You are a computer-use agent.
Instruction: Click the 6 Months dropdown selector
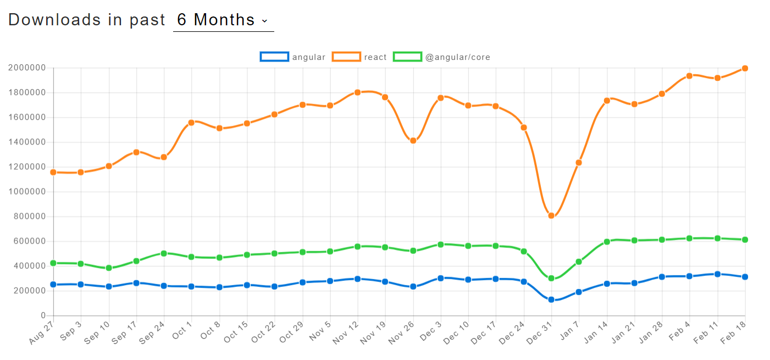(223, 20)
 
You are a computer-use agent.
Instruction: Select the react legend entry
(359, 57)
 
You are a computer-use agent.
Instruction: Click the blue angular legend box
(274, 57)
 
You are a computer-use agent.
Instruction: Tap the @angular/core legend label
(457, 57)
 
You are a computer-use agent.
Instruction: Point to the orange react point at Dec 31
(551, 215)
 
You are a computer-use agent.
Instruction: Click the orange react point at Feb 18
(745, 68)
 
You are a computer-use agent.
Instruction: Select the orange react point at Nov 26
(413, 141)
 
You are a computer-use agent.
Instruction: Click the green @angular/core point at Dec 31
(551, 278)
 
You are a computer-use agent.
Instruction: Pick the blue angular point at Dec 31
(551, 300)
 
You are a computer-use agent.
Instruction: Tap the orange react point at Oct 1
(191, 122)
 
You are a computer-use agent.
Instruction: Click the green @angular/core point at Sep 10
(109, 268)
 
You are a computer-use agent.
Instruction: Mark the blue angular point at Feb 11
(717, 274)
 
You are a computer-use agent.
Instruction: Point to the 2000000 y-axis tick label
(26, 68)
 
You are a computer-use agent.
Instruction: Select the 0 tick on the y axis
(43, 315)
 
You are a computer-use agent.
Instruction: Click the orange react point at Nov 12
(357, 92)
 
